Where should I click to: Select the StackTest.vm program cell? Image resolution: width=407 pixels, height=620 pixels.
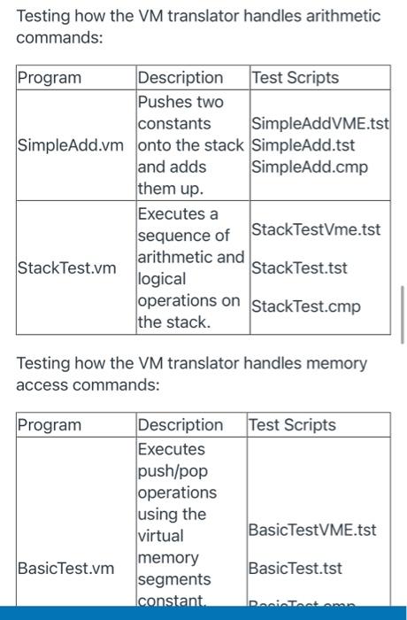(67, 267)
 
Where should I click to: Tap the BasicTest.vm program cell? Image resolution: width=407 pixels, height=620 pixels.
(65, 568)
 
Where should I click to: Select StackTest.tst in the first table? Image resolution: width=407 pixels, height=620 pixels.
(296, 267)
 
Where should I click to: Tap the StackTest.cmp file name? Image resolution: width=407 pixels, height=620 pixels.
(306, 307)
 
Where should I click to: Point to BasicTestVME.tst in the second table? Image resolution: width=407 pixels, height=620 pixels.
(312, 530)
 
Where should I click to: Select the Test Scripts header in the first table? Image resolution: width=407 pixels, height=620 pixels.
(296, 78)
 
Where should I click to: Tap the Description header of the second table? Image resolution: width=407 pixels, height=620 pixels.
(180, 425)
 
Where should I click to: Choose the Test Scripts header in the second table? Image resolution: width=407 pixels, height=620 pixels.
(292, 425)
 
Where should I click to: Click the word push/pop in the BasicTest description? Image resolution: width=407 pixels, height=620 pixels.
(171, 470)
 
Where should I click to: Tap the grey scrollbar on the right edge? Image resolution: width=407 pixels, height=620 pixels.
(402, 314)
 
